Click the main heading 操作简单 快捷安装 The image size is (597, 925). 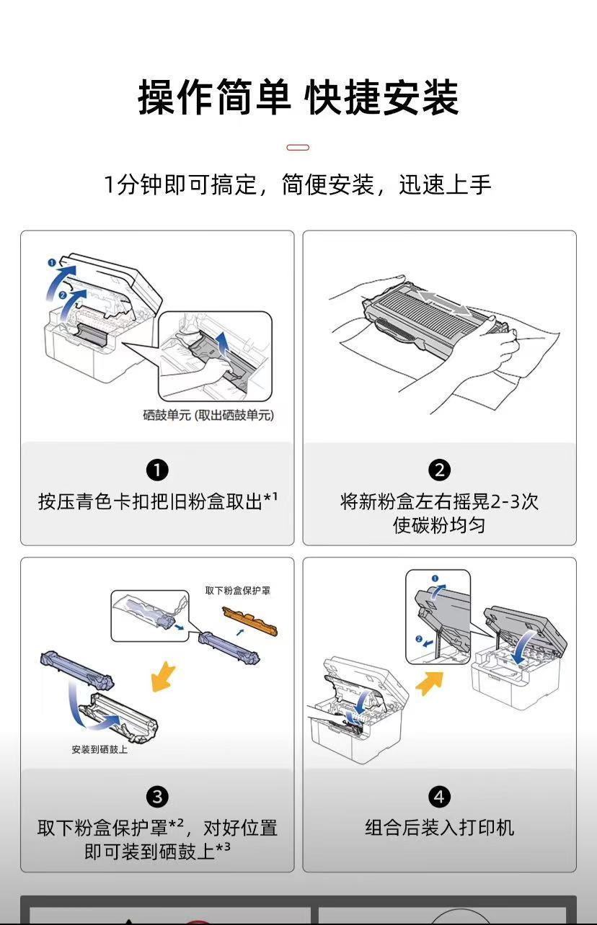click(298, 98)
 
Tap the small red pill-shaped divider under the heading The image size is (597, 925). click(298, 148)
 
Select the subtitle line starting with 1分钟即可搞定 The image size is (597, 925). click(298, 185)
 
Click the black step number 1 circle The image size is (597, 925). click(157, 470)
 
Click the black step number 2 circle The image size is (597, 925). click(439, 470)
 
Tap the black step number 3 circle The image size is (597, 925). click(157, 797)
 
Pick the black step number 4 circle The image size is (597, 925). click(439, 797)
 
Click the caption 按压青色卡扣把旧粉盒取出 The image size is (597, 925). click(157, 501)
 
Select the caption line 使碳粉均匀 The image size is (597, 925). click(439, 525)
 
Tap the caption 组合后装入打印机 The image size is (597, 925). click(439, 828)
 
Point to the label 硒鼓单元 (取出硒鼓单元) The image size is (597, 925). click(208, 415)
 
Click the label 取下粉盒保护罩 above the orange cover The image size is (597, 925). click(238, 591)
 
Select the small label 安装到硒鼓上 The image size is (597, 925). click(99, 750)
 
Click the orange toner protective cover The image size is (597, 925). click(250, 620)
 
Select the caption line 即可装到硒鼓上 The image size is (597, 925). click(157, 852)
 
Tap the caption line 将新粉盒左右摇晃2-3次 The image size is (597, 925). click(439, 501)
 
